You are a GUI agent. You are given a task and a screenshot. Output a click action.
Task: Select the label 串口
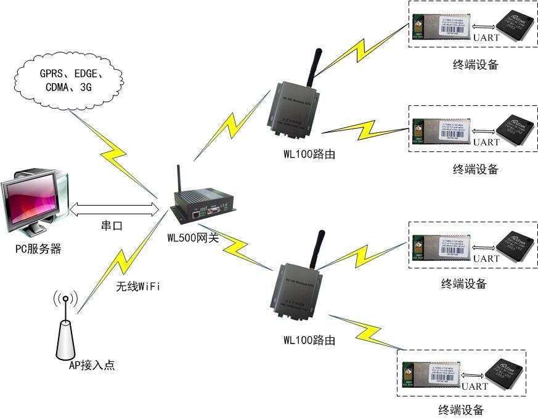[112, 226]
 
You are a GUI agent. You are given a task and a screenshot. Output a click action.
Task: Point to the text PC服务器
[38, 249]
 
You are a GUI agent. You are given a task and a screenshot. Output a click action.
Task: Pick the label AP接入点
[91, 365]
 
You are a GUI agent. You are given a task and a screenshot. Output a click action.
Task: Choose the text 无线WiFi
[139, 286]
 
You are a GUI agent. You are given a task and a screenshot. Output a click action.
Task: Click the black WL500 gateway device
[203, 207]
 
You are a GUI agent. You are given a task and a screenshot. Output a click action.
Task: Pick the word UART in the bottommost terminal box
[475, 387]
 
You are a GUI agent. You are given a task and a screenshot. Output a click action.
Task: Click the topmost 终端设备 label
[475, 64]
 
